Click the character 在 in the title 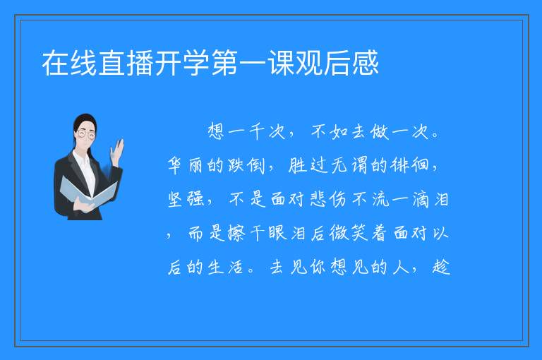point(56,63)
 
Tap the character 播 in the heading point(140,63)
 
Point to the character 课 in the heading point(281,63)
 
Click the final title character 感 point(366,63)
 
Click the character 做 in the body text point(380,132)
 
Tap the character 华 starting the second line point(174,165)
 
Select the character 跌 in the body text point(236,165)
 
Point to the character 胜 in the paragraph point(297,165)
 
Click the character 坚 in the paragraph point(175,199)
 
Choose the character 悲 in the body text point(319,199)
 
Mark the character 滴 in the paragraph point(421,199)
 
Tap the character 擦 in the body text point(236,233)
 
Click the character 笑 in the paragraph point(359,233)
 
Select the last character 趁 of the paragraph point(441,267)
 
